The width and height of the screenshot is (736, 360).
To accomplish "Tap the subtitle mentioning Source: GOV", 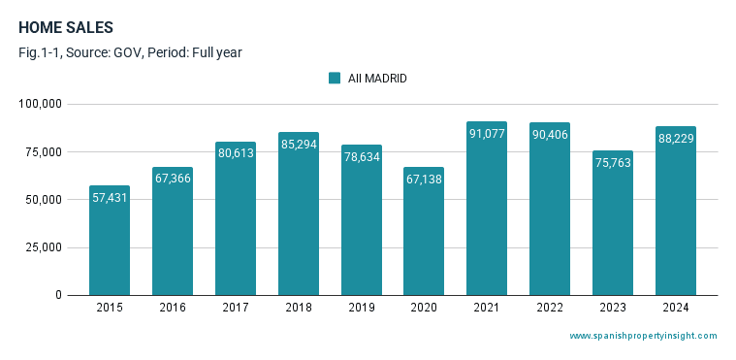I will (x=130, y=52).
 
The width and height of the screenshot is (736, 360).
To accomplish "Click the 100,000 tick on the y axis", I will (x=41, y=104).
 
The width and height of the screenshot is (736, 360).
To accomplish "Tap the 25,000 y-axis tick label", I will (x=44, y=247).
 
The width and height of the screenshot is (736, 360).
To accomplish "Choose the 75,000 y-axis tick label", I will (x=44, y=151).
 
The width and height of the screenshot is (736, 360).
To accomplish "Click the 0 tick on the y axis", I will (x=58, y=295).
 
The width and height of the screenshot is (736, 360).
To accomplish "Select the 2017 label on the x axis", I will (x=236, y=308).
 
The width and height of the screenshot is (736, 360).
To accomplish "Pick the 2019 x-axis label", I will (x=361, y=308).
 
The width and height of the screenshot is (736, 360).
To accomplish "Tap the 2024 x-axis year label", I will (x=676, y=308).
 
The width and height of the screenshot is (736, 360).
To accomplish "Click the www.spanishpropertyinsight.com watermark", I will (x=643, y=336).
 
